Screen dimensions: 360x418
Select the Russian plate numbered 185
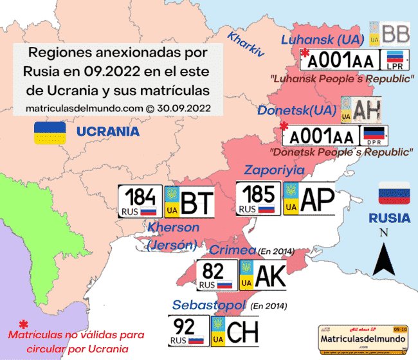[259, 198]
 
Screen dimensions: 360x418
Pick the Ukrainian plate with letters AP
[310, 198]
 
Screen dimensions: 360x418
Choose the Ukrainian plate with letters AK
[262, 276]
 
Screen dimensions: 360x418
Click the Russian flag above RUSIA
[394, 194]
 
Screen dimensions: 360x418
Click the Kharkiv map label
[246, 46]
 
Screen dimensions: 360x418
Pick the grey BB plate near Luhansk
[392, 33]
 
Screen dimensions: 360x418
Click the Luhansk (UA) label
[323, 39]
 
